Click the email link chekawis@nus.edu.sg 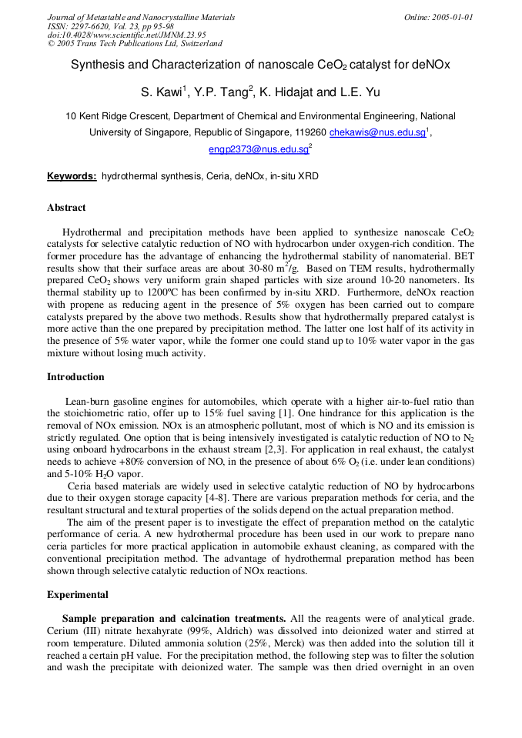click(377, 132)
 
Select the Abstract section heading click(66, 208)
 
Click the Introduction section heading click(75, 377)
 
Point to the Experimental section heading click(78, 595)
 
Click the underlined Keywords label click(72, 176)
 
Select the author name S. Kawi click(162, 93)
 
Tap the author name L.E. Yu click(358, 93)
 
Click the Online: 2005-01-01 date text click(438, 17)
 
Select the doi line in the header click(126, 35)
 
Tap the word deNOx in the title click(433, 65)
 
